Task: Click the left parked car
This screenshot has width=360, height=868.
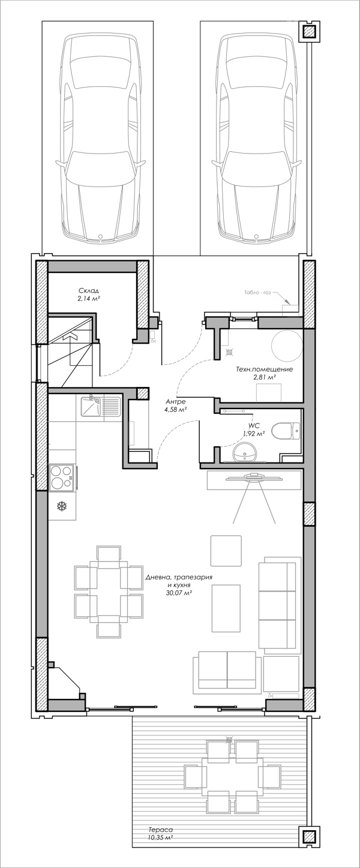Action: [x=101, y=136]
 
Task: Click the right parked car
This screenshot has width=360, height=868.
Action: [x=256, y=136]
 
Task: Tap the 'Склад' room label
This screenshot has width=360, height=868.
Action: [x=89, y=290]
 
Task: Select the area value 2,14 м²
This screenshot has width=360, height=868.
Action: [x=89, y=298]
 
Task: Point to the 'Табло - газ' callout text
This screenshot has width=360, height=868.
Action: [x=258, y=293]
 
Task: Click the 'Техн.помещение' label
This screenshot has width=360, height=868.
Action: [x=264, y=369]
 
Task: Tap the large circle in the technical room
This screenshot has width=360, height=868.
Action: [x=286, y=346]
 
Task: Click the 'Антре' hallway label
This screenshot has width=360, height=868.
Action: [x=175, y=401]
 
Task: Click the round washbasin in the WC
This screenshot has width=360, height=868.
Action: [x=246, y=452]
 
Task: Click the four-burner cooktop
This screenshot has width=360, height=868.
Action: [x=62, y=477]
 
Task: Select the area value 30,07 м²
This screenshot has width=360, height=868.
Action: [x=179, y=593]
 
